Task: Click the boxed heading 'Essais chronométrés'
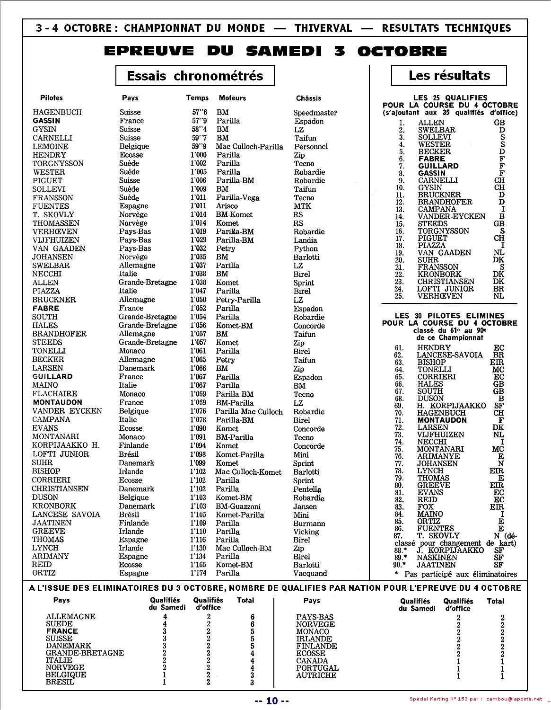point(195,76)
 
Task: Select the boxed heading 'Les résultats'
point(449,75)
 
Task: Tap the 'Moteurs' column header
point(232,98)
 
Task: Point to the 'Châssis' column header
point(308,98)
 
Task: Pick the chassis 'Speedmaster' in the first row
point(315,113)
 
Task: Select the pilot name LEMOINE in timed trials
point(50,146)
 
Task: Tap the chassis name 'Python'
point(306,248)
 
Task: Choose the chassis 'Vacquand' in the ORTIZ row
point(310,573)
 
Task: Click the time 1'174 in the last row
point(199,573)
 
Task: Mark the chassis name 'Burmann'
point(309,524)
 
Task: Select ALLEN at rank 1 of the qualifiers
point(431,123)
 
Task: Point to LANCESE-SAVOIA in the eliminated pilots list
point(449,355)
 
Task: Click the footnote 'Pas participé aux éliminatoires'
point(460,574)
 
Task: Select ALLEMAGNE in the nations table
point(70,616)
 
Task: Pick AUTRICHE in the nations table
point(316,675)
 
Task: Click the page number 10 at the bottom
point(272,701)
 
